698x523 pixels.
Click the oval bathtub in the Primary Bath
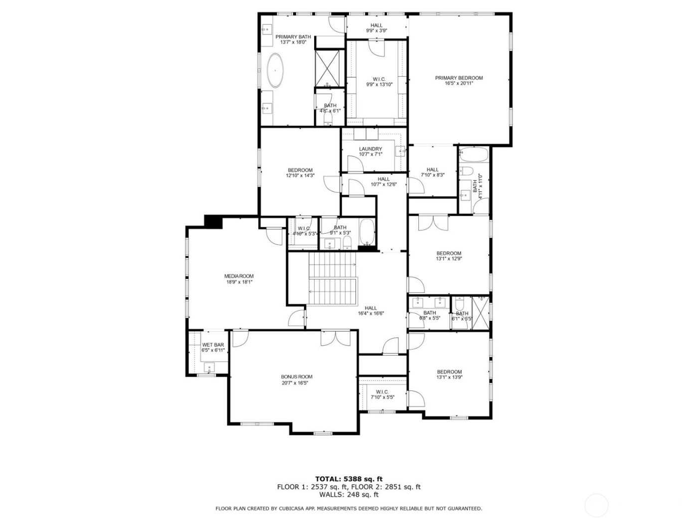(275, 70)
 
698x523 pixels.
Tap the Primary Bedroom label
(459, 78)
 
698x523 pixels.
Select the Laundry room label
(370, 149)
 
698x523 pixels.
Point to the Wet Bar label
(213, 345)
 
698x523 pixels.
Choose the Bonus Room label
(297, 377)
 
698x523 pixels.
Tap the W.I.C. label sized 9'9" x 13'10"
(379, 79)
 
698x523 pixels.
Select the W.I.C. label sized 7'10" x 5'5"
(382, 392)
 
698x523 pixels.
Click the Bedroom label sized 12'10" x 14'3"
(300, 170)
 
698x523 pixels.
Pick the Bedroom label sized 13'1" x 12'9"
(449, 253)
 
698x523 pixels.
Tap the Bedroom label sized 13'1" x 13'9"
(449, 372)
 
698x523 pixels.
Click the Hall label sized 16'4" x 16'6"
(370, 308)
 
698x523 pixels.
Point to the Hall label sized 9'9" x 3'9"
(376, 25)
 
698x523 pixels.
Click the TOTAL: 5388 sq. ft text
(349, 479)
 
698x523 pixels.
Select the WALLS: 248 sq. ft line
(349, 495)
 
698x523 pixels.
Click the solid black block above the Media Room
(213, 222)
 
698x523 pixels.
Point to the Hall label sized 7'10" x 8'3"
(432, 170)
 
